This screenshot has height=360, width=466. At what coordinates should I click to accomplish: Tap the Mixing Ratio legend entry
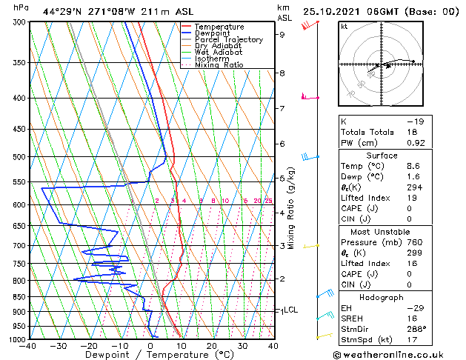(x=219, y=65)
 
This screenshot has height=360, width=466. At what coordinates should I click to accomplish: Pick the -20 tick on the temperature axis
(x=89, y=345)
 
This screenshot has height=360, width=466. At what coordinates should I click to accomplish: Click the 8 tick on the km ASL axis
(x=282, y=73)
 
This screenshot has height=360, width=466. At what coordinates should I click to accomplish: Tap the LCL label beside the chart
(x=290, y=310)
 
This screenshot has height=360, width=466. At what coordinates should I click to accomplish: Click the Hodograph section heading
(x=382, y=297)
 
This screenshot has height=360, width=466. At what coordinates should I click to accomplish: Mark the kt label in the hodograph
(x=344, y=26)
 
